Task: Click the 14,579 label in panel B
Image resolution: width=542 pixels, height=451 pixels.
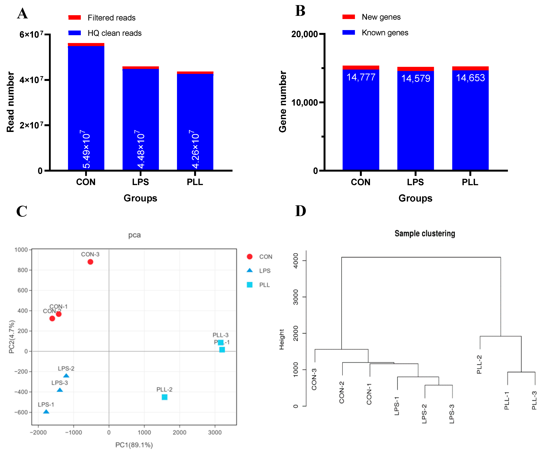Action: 416,78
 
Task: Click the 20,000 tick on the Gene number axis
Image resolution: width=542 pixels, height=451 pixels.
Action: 305,34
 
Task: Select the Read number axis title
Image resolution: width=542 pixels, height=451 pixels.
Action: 10,102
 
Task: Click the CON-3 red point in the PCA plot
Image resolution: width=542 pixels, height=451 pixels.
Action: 90,262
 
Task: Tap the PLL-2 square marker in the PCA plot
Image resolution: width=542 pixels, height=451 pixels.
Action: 164,397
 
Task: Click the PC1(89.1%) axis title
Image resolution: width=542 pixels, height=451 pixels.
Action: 134,445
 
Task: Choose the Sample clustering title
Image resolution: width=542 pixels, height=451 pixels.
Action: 425,233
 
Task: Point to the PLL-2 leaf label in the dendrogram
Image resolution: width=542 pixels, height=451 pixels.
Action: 479,364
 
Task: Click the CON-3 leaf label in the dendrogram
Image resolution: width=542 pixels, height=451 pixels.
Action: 314,379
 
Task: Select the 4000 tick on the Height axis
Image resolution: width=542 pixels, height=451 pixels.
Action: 296,261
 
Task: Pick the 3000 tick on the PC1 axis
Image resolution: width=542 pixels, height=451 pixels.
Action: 215,432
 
